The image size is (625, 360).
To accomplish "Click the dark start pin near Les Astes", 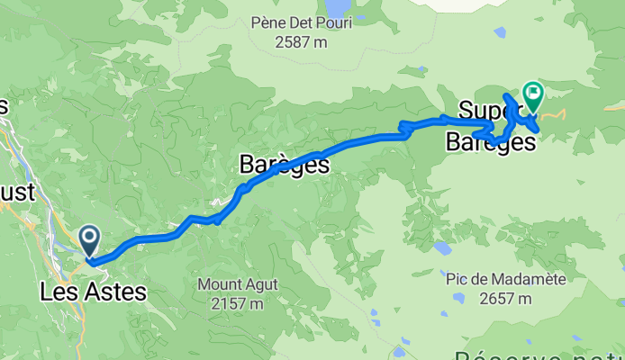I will click(x=90, y=240).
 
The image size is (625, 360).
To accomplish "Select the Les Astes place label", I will click(x=93, y=292).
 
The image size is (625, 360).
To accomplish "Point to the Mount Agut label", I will click(x=239, y=285).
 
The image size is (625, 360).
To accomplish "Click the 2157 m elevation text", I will click(x=239, y=303).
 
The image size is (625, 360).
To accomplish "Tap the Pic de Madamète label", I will click(x=507, y=280).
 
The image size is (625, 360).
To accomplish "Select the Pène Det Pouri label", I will click(x=302, y=22).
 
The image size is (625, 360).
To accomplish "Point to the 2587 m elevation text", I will click(x=302, y=41).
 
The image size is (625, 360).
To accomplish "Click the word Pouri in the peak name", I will click(x=334, y=22).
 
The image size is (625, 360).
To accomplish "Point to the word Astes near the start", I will click(x=112, y=292).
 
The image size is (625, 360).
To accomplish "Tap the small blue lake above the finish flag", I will click(x=500, y=33).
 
